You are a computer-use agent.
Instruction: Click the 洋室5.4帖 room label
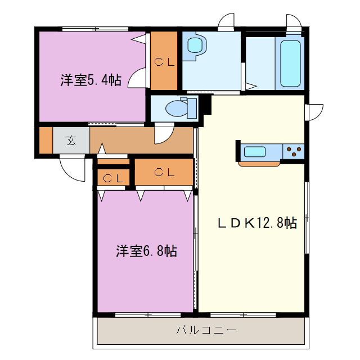point(91,80)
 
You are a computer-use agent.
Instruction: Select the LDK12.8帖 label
point(257,223)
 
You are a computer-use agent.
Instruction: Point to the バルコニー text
point(202,330)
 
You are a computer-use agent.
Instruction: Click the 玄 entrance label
point(71,141)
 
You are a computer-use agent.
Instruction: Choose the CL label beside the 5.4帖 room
point(164,62)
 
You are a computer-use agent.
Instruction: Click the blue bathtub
point(291,63)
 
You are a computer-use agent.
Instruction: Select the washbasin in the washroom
point(195,45)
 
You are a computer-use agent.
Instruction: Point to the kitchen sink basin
point(255,151)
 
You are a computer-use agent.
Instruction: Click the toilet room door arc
point(164,134)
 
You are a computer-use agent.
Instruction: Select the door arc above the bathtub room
point(294,21)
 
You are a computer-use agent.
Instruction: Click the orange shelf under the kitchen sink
point(259,164)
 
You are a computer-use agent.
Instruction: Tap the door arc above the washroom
point(227,21)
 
